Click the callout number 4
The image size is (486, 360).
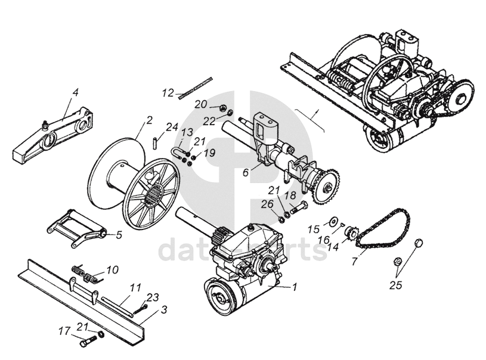[75, 92]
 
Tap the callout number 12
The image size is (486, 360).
[168, 93]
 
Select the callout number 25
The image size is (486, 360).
[395, 285]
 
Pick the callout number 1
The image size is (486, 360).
[293, 287]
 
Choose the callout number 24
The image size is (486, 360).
[172, 126]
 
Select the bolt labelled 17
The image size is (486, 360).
[87, 342]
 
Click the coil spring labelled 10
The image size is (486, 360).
[83, 274]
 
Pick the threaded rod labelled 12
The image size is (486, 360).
[196, 84]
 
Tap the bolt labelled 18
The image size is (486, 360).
[300, 206]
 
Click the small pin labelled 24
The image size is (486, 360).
[155, 143]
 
